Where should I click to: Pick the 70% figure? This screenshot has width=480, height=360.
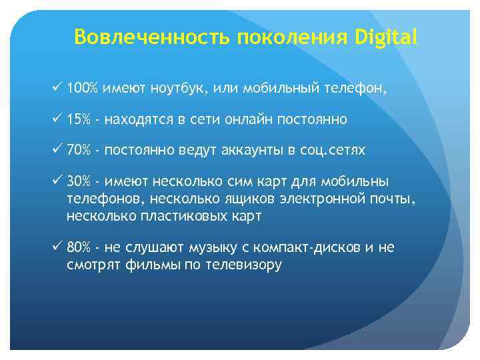(x=79, y=150)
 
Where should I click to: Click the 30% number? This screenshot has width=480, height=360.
(x=79, y=182)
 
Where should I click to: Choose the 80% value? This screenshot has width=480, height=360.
(x=79, y=247)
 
